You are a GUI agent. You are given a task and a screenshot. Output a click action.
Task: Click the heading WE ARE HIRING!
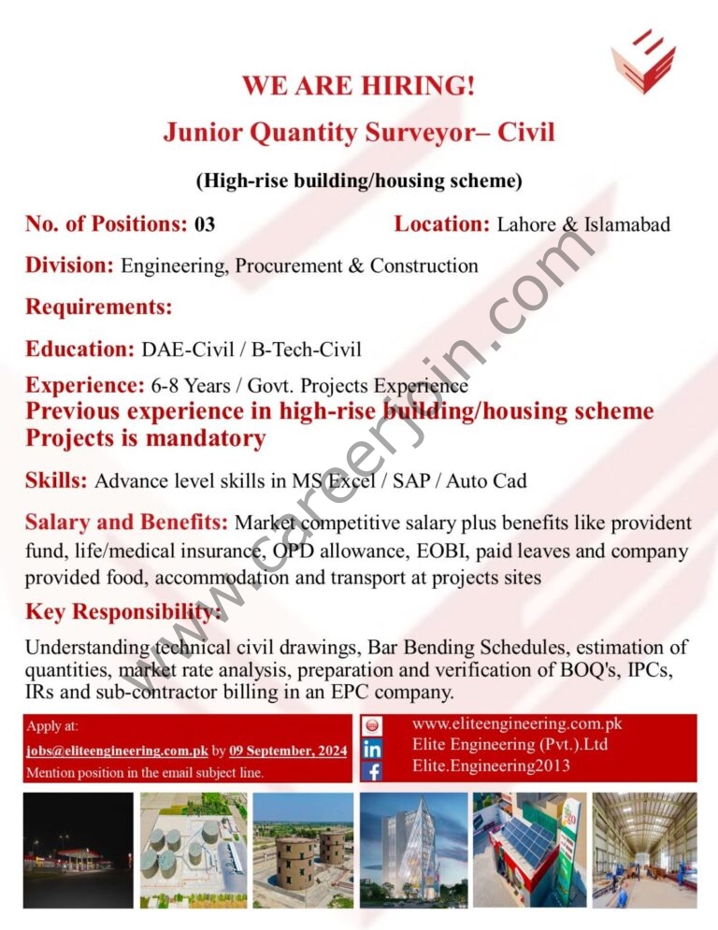(358, 86)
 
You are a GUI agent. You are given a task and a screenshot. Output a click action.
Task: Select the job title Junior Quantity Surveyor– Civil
(359, 133)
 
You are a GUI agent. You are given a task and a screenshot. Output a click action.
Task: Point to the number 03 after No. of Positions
(205, 224)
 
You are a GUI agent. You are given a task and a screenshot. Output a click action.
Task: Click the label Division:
(70, 265)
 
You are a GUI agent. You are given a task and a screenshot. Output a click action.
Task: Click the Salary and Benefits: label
(126, 522)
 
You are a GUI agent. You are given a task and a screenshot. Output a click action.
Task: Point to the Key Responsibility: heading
(123, 612)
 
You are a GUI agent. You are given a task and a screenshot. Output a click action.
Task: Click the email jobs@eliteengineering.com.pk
(116, 751)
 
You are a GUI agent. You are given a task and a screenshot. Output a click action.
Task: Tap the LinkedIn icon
(371, 749)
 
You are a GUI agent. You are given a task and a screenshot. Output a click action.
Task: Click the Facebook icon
(371, 771)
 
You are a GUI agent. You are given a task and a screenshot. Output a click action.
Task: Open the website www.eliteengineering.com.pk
(517, 723)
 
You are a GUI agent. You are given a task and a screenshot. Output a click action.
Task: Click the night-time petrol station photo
(78, 850)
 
